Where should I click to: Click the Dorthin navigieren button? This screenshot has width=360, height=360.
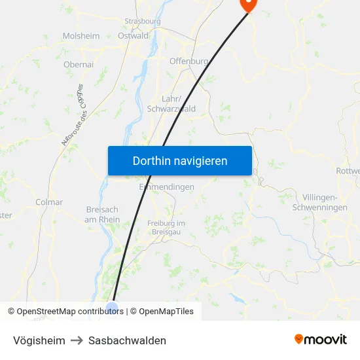180,160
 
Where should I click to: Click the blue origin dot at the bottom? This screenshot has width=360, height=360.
112,308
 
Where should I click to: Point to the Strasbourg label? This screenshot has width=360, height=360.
142,21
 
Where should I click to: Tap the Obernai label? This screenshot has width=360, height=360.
79,64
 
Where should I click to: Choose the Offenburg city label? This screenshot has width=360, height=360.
189,62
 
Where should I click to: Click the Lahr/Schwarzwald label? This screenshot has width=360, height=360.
171,104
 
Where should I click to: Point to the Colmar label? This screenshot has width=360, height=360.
50,202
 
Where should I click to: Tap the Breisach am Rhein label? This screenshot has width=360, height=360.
102,215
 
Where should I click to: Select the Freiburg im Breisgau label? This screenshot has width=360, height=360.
166,228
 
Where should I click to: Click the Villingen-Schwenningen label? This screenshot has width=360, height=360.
325,202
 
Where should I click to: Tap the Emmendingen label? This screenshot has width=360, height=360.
167,187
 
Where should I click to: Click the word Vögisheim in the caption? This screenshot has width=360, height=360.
39,340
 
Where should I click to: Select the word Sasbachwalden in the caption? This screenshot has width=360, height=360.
127,340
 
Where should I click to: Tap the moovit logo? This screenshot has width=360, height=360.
321,339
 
